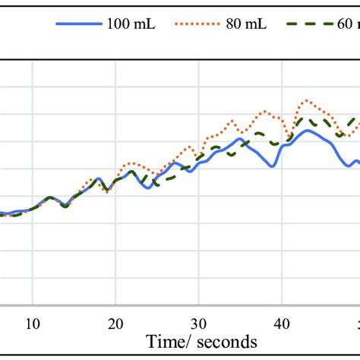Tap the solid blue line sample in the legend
click(x=78, y=24)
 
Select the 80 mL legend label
click(x=245, y=24)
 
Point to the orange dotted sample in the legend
click(x=198, y=24)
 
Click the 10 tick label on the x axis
click(x=33, y=321)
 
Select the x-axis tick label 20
click(x=115, y=321)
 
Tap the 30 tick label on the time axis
click(x=198, y=321)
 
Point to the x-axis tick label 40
click(x=281, y=321)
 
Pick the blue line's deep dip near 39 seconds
click(x=273, y=165)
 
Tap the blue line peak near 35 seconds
click(x=240, y=138)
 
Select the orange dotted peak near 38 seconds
click(x=266, y=112)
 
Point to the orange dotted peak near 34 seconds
click(x=233, y=120)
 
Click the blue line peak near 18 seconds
click(x=98, y=178)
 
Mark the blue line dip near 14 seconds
click(x=65, y=206)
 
